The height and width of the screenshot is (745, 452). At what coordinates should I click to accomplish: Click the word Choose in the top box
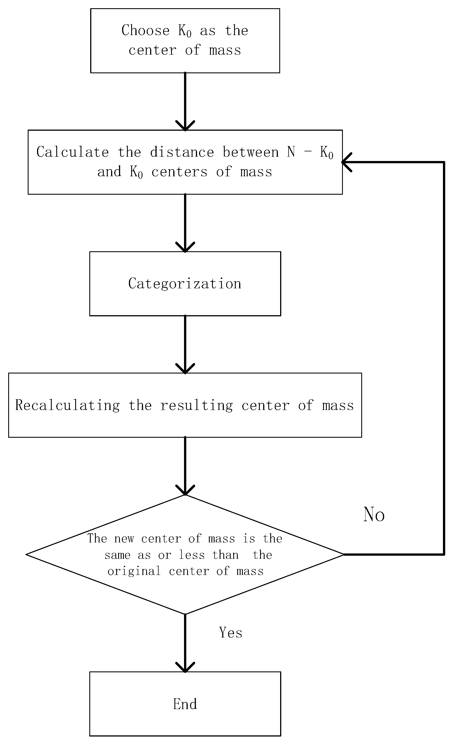pos(145,31)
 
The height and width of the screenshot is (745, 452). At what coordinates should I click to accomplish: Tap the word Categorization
pos(185,284)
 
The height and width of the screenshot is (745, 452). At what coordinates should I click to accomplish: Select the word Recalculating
pos(67,405)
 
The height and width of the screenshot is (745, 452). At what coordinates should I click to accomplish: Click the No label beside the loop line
pos(374,514)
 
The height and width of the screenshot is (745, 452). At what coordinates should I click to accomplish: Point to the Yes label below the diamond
pos(231,632)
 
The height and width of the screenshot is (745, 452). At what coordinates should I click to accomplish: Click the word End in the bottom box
pos(185,704)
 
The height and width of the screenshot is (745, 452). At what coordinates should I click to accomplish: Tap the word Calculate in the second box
pos(73,152)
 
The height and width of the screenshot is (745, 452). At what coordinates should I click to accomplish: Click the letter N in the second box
pos(291,152)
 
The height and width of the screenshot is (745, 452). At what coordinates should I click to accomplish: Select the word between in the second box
pos(250,152)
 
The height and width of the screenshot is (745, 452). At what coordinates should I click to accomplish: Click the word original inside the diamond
pos(134,571)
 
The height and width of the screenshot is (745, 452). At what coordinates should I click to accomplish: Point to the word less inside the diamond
pos(192,555)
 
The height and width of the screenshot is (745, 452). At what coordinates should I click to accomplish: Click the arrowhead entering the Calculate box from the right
pos(347,162)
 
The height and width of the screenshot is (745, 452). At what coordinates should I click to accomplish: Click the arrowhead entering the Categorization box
pos(185,248)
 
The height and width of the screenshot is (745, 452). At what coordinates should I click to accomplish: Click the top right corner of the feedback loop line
pos(444,162)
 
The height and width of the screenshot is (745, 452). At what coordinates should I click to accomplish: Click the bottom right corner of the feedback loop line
pos(444,555)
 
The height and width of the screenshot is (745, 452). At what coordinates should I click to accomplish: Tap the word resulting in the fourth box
pos(196,405)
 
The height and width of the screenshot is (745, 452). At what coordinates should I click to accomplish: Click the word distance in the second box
pos(182,152)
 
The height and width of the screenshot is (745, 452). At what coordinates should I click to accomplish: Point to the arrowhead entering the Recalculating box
pos(185,369)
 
